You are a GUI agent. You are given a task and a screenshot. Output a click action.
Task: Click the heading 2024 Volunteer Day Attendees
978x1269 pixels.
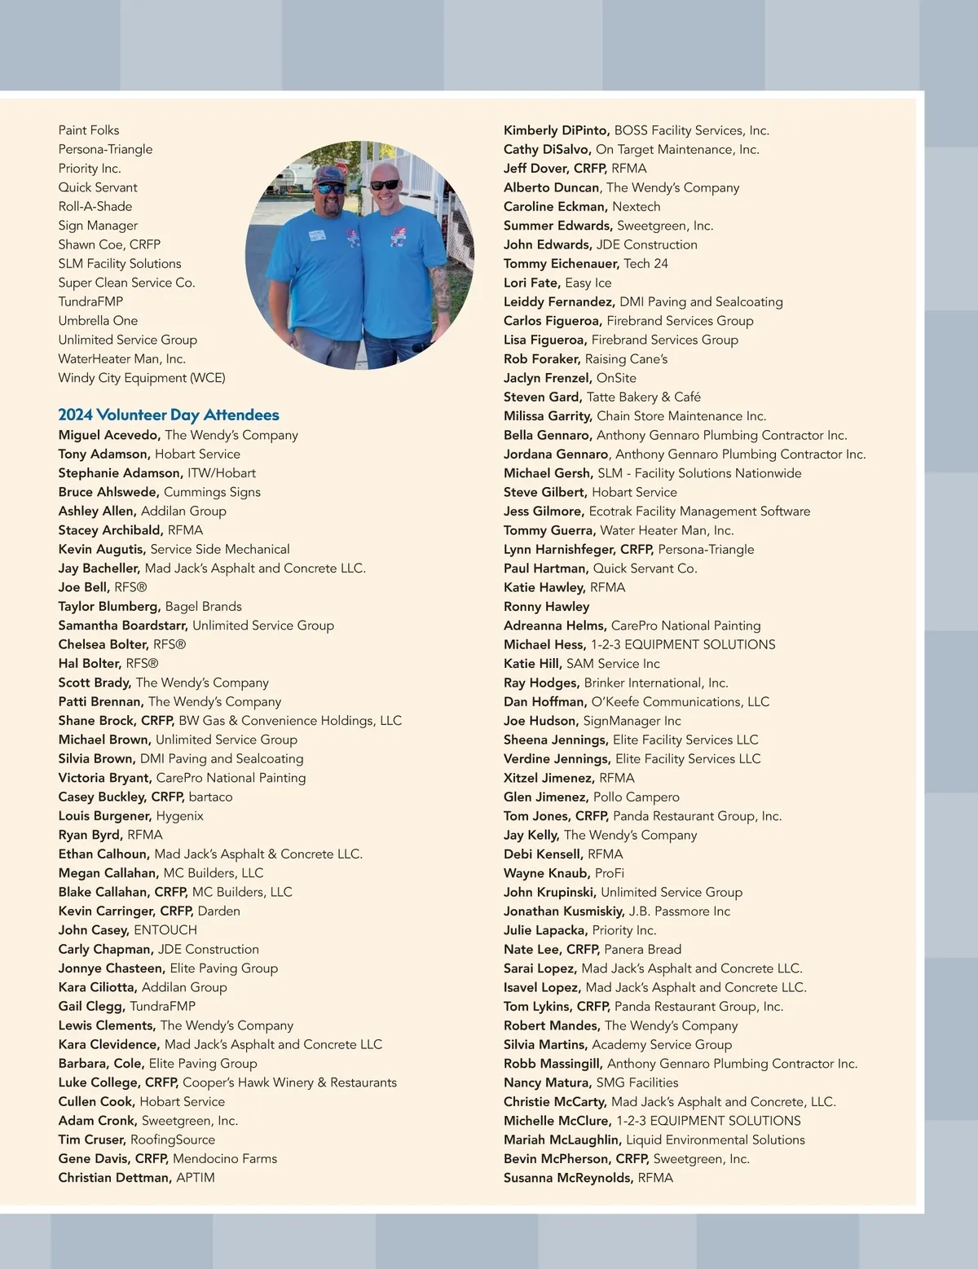pyautogui.click(x=169, y=415)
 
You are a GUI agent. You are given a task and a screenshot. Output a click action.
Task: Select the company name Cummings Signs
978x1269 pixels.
pyautogui.click(x=212, y=492)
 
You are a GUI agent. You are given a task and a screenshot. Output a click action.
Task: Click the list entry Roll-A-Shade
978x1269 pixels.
pyautogui.click(x=95, y=207)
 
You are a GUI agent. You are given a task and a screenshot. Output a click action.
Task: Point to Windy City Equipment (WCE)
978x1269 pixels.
pyautogui.click(x=142, y=378)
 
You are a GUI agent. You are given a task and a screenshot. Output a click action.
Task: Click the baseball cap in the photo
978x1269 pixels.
pyautogui.click(x=327, y=174)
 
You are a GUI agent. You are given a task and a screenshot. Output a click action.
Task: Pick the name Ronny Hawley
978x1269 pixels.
pyautogui.click(x=546, y=607)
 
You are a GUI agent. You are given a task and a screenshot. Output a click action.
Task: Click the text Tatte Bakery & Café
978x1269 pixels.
pyautogui.click(x=644, y=397)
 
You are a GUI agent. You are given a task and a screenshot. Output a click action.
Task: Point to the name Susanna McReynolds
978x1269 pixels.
pyautogui.click(x=568, y=1178)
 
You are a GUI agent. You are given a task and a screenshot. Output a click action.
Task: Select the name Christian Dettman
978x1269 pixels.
pyautogui.click(x=114, y=1178)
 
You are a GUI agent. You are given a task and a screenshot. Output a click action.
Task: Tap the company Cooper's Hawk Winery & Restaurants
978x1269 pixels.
pyautogui.click(x=289, y=1082)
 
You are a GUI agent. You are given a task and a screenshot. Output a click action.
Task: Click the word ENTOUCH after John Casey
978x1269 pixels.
pyautogui.click(x=165, y=930)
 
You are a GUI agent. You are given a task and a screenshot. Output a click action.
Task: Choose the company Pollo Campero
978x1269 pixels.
pyautogui.click(x=636, y=797)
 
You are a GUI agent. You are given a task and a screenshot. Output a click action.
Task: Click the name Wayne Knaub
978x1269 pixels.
pyautogui.click(x=546, y=873)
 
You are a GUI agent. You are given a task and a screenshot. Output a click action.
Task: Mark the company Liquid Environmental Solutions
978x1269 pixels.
pyautogui.click(x=716, y=1139)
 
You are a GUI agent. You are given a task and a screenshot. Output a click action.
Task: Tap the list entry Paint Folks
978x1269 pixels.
pyautogui.click(x=89, y=130)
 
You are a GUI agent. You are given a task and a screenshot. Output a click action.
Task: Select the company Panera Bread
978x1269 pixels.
pyautogui.click(x=642, y=950)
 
